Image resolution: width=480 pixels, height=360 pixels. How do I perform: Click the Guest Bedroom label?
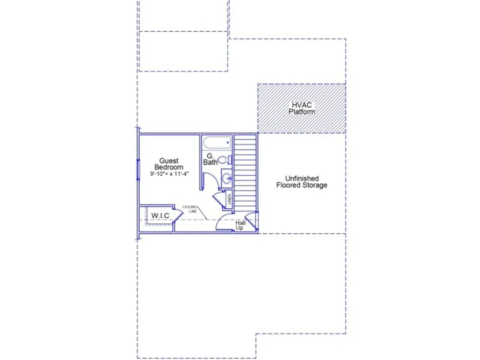168,164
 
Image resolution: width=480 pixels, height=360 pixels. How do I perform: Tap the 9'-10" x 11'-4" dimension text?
169,174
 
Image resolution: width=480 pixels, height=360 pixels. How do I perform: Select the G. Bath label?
210,159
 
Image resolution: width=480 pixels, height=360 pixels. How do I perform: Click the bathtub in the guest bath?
217,143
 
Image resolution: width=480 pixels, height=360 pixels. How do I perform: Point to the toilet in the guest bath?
225,159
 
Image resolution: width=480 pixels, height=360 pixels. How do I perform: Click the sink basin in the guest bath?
227,178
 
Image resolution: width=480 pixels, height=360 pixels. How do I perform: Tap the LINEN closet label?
229,199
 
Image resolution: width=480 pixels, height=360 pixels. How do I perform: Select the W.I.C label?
160,216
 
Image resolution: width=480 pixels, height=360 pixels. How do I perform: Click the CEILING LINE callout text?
190,209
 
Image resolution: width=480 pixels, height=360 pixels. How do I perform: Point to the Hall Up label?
240,225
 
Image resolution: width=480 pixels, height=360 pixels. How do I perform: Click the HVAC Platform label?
301,108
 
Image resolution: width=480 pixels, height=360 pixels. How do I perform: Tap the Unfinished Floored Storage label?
301,181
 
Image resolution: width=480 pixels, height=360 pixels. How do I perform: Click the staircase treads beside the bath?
245,173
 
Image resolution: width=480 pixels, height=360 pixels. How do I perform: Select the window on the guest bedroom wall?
138,170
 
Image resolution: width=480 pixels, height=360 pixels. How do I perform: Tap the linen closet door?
218,200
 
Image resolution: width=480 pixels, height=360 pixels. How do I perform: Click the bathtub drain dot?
228,143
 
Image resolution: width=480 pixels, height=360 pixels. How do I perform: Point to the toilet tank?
230,160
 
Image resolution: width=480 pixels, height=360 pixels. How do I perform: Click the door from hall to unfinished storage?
252,221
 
